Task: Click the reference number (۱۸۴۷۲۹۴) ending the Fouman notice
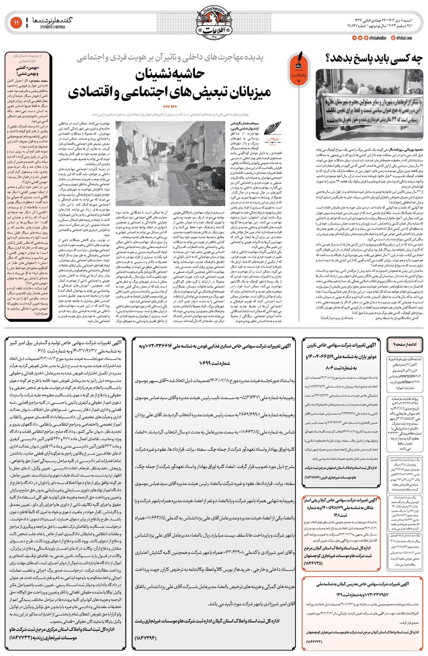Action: pos(148,637)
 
